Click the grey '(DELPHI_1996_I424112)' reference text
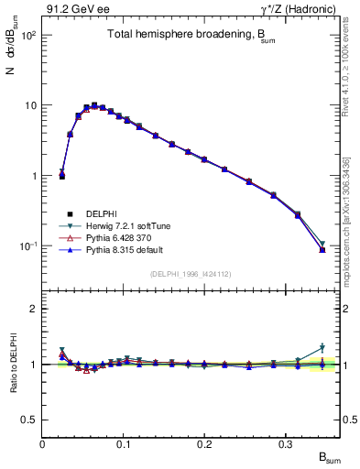pyautogui.click(x=190, y=274)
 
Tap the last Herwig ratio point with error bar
pyautogui.click(x=322, y=348)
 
